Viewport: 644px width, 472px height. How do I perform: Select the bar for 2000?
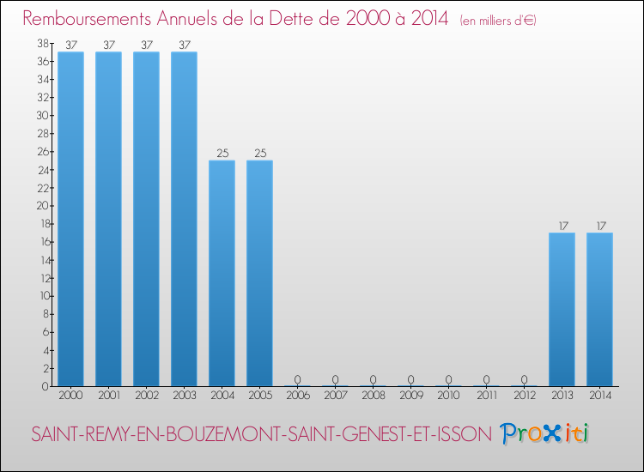[70, 219]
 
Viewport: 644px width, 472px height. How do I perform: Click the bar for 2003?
[184, 219]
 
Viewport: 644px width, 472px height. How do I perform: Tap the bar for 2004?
[222, 273]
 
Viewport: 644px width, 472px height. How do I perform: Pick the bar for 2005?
[259, 273]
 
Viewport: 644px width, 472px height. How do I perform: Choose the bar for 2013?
[562, 309]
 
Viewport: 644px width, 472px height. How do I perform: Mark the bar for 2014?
[599, 309]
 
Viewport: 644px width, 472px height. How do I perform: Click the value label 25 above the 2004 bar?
[222, 154]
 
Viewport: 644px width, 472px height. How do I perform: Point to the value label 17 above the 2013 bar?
[562, 227]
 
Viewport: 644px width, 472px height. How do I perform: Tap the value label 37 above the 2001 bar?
[108, 45]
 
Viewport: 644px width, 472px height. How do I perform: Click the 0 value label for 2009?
[410, 379]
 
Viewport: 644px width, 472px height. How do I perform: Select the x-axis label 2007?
[335, 396]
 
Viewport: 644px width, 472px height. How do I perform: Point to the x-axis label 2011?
[486, 396]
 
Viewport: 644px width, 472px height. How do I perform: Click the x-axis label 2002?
[146, 396]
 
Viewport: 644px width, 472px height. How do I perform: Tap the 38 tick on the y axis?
[42, 43]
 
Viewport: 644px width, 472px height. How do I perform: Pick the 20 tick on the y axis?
[42, 205]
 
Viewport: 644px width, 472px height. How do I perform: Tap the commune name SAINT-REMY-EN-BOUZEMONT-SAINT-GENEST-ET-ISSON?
[261, 434]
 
